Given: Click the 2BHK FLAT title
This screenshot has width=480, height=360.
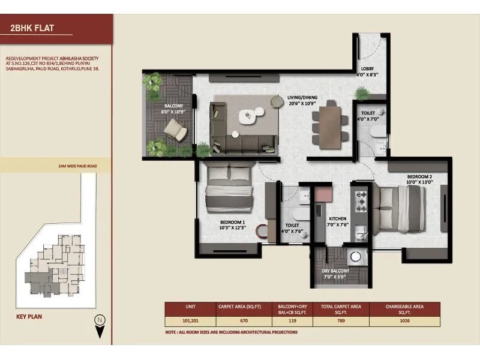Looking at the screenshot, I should pyautogui.click(x=28, y=27).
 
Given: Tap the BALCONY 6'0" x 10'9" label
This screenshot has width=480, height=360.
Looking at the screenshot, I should pyautogui.click(x=172, y=109).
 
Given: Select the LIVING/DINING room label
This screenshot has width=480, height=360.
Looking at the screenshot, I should pyautogui.click(x=302, y=100).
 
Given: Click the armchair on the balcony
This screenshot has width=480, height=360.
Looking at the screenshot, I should pyautogui.click(x=175, y=128).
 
